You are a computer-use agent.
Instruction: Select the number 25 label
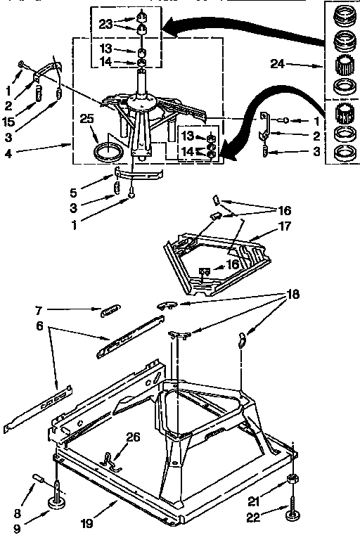click(x=86, y=120)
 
